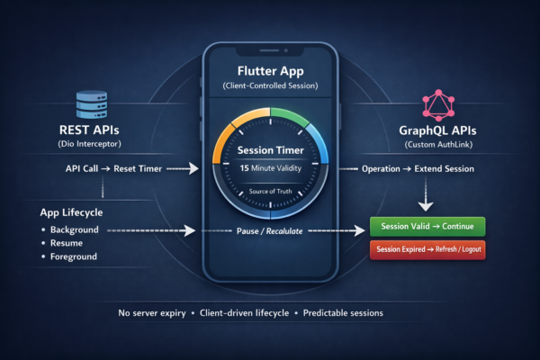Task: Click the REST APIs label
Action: [x=91, y=129]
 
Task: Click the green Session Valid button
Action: [x=427, y=226]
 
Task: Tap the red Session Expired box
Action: [x=427, y=249]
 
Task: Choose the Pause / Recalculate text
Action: [x=269, y=230]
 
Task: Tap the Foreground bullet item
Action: [x=79, y=258]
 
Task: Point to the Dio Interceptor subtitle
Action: [x=91, y=144]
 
